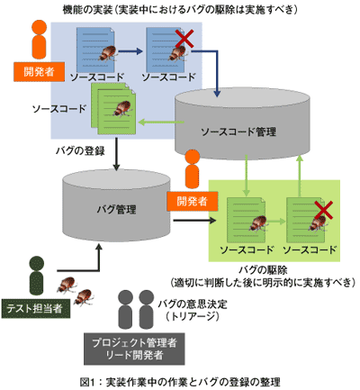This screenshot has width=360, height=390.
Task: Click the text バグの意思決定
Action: [191, 304]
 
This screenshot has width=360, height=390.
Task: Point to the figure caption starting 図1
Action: [179, 381]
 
